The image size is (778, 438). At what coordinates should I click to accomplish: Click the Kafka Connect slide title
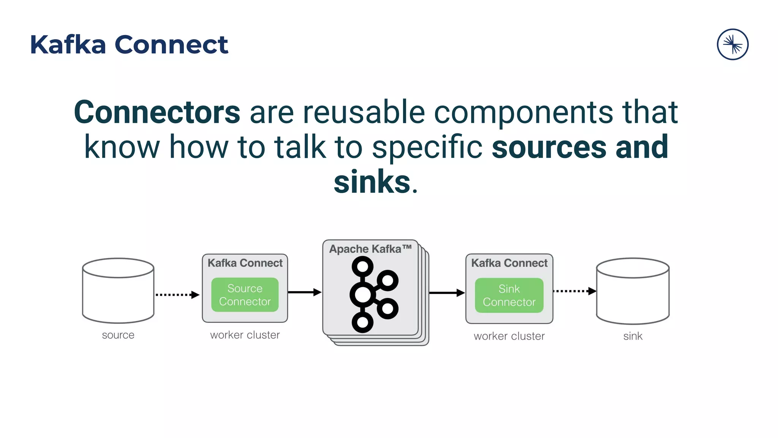pyautogui.click(x=129, y=45)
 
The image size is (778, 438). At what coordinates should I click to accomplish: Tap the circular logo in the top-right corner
pyautogui.click(x=732, y=44)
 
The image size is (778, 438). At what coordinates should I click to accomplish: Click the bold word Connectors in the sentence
pyautogui.click(x=157, y=112)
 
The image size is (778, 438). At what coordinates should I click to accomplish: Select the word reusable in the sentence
pyautogui.click(x=364, y=112)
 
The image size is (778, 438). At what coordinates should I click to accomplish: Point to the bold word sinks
pyautogui.click(x=372, y=182)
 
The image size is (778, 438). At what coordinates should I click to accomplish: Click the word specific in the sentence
pyautogui.click(x=427, y=147)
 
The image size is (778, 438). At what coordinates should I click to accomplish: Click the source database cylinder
pyautogui.click(x=118, y=291)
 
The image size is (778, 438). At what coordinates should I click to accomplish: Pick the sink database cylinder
pyautogui.click(x=633, y=291)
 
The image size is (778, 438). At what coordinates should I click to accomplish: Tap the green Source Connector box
pyautogui.click(x=245, y=295)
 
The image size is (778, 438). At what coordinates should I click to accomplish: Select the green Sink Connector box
pyautogui.click(x=509, y=295)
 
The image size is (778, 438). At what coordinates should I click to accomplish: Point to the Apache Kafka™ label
pyautogui.click(x=370, y=249)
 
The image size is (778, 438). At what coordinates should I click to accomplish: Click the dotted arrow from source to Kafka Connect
pyautogui.click(x=177, y=295)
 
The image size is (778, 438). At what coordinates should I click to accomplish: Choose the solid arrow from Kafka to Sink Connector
pyautogui.click(x=447, y=293)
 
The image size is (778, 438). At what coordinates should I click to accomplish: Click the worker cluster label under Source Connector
pyautogui.click(x=245, y=335)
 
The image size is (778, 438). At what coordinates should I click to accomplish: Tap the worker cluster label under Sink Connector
pyautogui.click(x=509, y=336)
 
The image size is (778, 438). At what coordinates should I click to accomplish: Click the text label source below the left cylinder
pyautogui.click(x=118, y=335)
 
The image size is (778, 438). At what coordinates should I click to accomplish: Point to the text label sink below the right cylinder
pyautogui.click(x=633, y=336)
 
